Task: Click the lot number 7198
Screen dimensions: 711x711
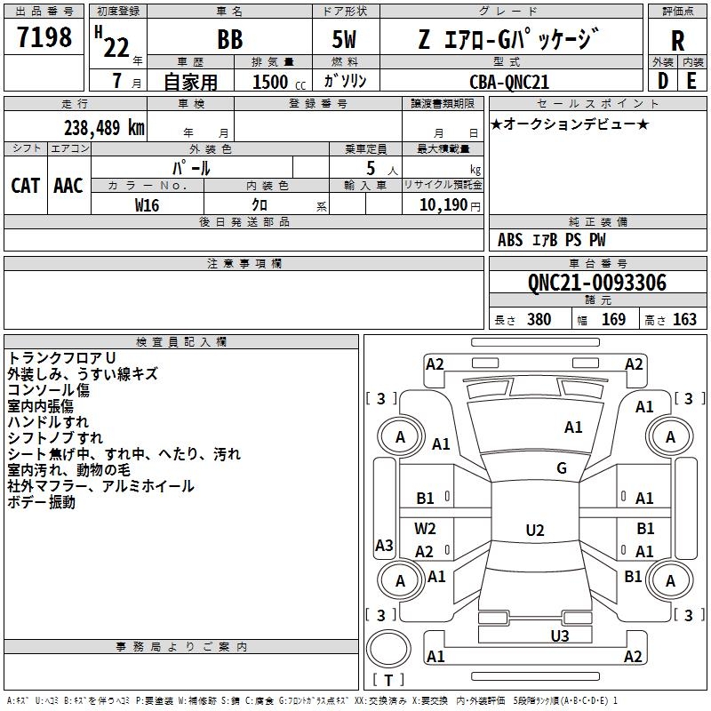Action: pyautogui.click(x=44, y=37)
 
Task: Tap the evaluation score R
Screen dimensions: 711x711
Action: pyautogui.click(x=677, y=40)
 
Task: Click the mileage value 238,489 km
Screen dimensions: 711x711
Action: pyautogui.click(x=104, y=127)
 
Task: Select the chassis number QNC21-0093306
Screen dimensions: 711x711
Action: pyautogui.click(x=596, y=284)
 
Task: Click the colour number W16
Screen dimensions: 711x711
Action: pyautogui.click(x=148, y=204)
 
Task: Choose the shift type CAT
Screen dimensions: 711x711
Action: pyautogui.click(x=25, y=186)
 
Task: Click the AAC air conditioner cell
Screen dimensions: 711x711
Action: pyautogui.click(x=68, y=186)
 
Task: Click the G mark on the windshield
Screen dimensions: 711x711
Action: pyautogui.click(x=562, y=468)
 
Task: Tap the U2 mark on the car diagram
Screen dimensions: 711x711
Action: pyautogui.click(x=534, y=531)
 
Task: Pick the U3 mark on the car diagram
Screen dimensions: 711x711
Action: pyautogui.click(x=559, y=635)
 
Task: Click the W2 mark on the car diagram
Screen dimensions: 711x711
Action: pyautogui.click(x=426, y=529)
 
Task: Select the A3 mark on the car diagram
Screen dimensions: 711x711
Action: pyautogui.click(x=384, y=546)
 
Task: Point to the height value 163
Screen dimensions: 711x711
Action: pyautogui.click(x=684, y=320)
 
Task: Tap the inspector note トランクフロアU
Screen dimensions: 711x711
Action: pyautogui.click(x=55, y=358)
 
